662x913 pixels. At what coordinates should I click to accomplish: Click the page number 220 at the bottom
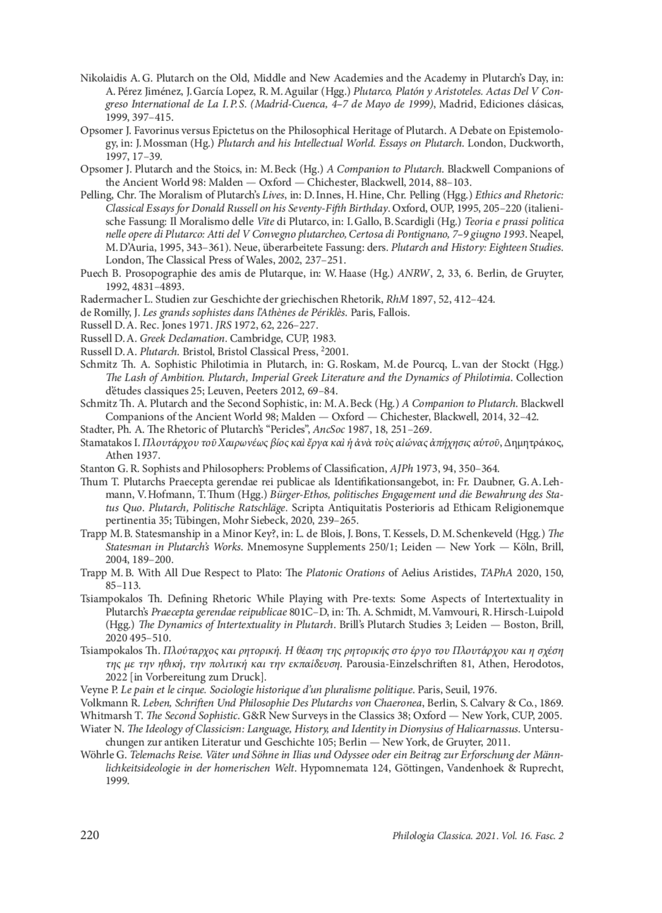(x=90, y=835)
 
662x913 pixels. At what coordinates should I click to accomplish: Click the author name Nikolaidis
(x=103, y=78)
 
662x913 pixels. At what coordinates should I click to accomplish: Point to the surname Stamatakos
(x=106, y=442)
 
